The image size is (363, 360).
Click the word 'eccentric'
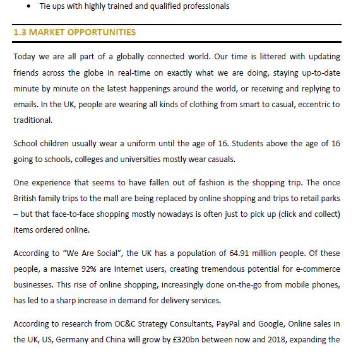point(311,104)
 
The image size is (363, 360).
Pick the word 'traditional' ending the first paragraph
point(32,120)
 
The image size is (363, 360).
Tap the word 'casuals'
point(235,160)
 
